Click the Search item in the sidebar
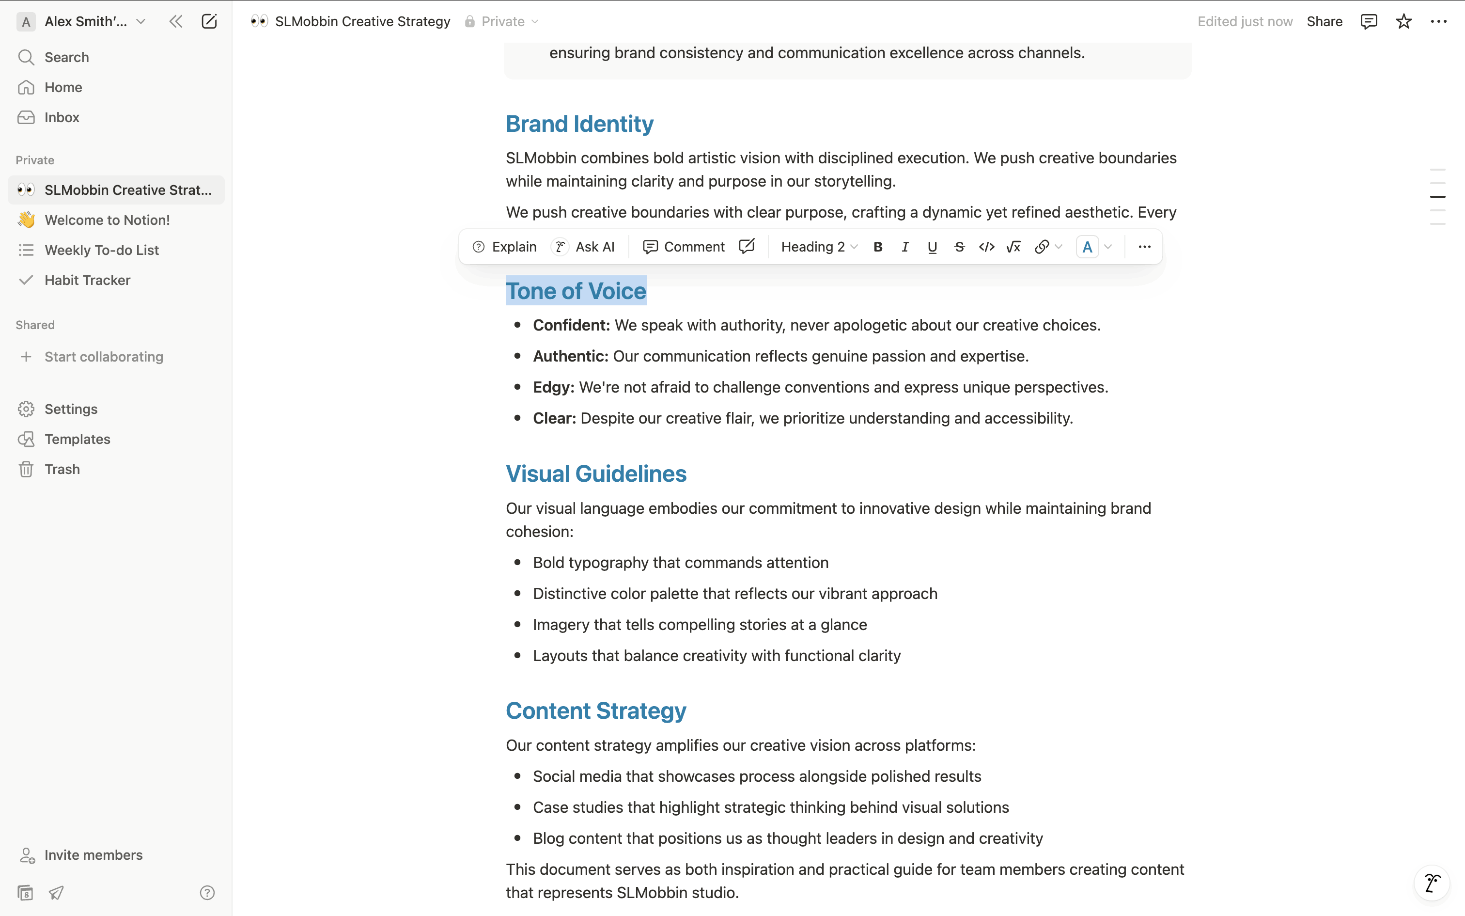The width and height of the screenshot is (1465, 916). pos(66,57)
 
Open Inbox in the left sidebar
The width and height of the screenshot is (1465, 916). pos(61,117)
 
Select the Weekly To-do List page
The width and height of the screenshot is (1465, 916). pos(101,250)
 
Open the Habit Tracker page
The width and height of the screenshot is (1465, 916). pos(87,280)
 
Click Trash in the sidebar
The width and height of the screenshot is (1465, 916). pos(62,469)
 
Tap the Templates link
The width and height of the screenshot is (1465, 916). pos(77,439)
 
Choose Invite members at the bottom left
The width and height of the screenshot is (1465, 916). pos(93,855)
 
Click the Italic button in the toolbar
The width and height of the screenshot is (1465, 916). pos(905,247)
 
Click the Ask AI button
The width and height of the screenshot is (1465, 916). pos(584,247)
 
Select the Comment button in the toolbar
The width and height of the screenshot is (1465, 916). pos(684,247)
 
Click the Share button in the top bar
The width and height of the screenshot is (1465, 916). pos(1324,22)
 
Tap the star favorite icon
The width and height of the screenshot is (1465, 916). pos(1403,22)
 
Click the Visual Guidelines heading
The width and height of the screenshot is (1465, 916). pos(596,474)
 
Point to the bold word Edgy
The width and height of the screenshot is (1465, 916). pos(553,387)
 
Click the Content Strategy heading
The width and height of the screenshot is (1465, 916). pos(596,711)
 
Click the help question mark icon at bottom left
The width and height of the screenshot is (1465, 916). pos(207,892)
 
